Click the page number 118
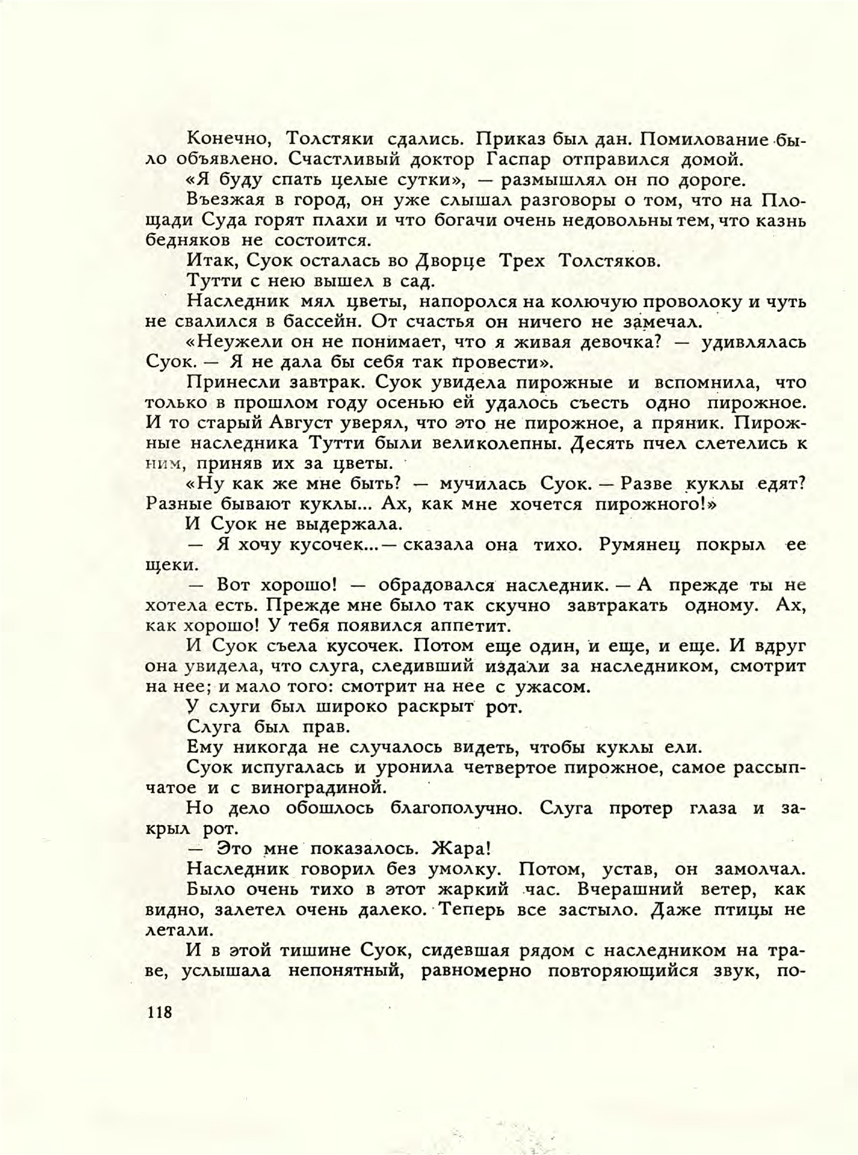[x=159, y=1012]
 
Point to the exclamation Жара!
[x=461, y=849]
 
